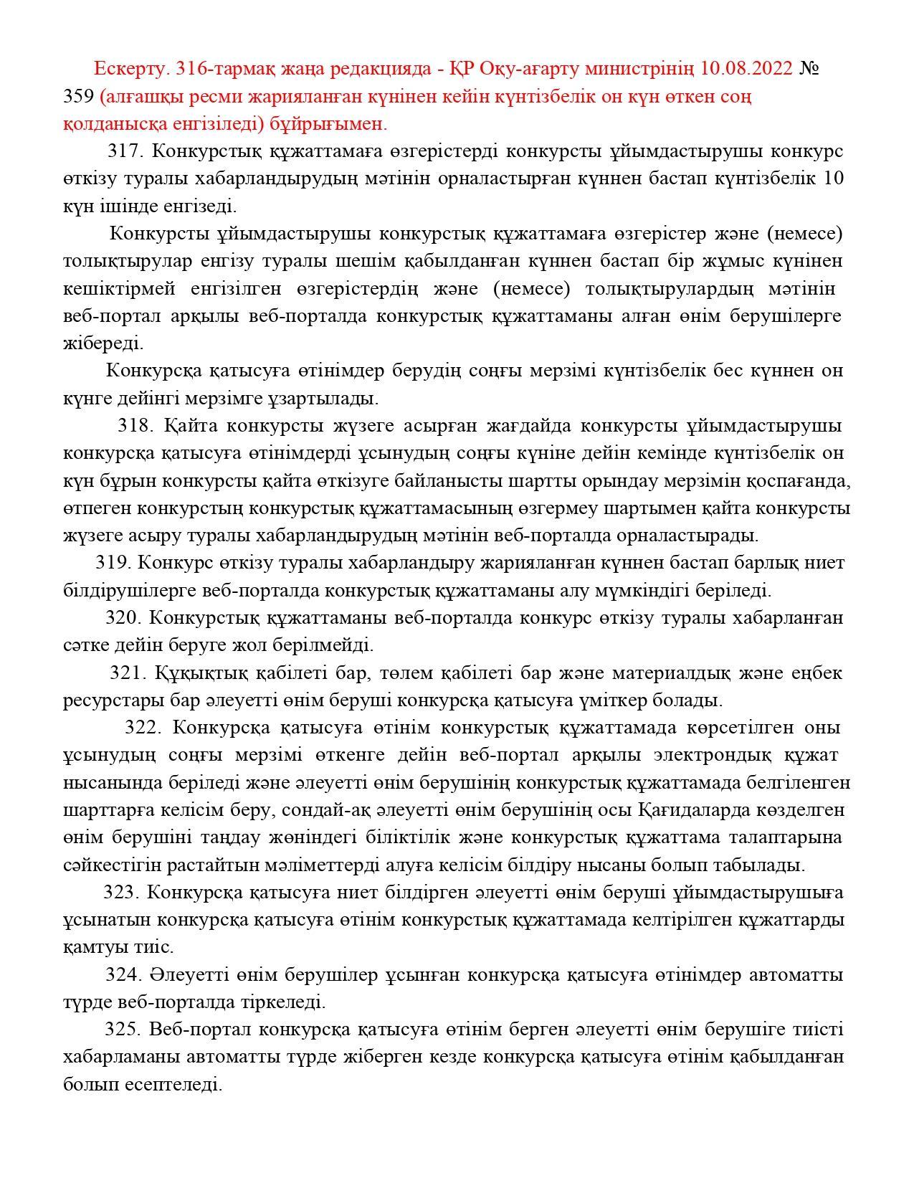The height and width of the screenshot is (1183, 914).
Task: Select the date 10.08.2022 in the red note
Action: [x=746, y=69]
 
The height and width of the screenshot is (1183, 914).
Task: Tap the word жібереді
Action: [x=103, y=343]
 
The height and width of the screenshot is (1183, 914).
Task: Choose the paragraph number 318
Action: [x=135, y=426]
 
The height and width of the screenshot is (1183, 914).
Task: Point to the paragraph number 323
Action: [x=121, y=893]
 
